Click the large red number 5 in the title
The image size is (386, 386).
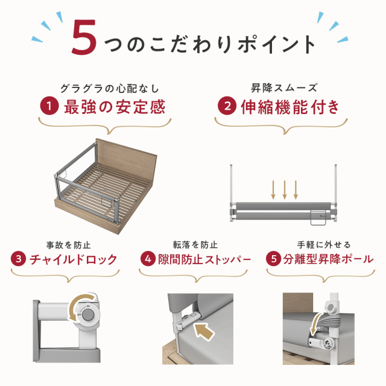pyautogui.click(x=84, y=37)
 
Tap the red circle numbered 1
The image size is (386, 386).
pyautogui.click(x=49, y=106)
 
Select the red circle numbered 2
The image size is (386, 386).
pyautogui.click(x=227, y=106)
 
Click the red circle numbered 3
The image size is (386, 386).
pyautogui.click(x=19, y=259)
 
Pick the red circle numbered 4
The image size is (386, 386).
pyautogui.click(x=148, y=259)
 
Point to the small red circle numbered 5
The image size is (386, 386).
pyautogui.click(x=273, y=259)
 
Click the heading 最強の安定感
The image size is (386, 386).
pyautogui.click(x=115, y=107)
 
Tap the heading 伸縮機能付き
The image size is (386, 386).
pyautogui.click(x=290, y=107)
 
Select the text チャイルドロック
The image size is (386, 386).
pyautogui.click(x=74, y=259)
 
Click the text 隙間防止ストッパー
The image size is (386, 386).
pyautogui.click(x=204, y=259)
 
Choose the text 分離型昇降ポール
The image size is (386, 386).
pyautogui.click(x=328, y=259)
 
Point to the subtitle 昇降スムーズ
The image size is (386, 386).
pyautogui.click(x=284, y=88)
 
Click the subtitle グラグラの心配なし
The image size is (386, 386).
pyautogui.click(x=110, y=89)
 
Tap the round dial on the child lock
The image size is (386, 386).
pyautogui.click(x=88, y=315)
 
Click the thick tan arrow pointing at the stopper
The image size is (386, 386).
pyautogui.click(x=204, y=331)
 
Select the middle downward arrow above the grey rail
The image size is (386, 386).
pyautogui.click(x=285, y=189)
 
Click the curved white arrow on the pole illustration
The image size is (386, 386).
pyautogui.click(x=315, y=324)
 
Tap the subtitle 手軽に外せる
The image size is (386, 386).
pyautogui.click(x=323, y=245)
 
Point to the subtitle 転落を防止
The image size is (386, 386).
pyautogui.click(x=195, y=245)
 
